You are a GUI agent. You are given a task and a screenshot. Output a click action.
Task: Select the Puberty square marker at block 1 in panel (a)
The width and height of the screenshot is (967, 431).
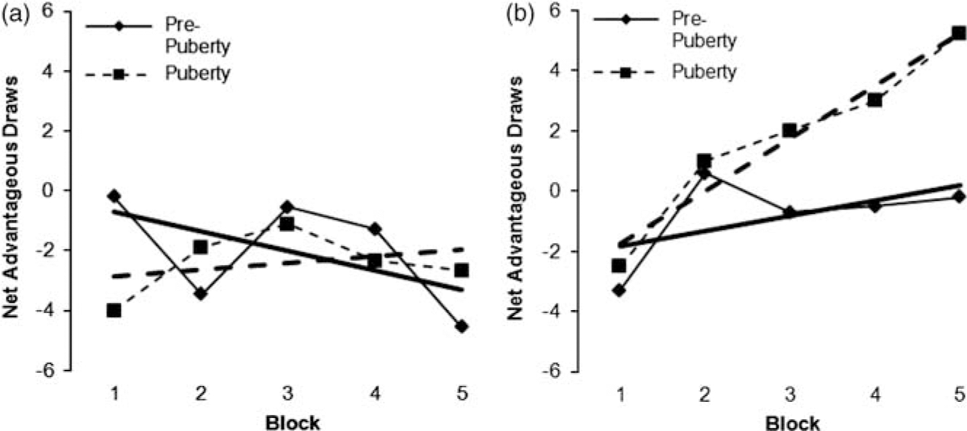[114, 310]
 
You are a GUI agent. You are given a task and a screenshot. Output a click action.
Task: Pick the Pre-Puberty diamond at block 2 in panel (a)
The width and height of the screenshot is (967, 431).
[200, 293]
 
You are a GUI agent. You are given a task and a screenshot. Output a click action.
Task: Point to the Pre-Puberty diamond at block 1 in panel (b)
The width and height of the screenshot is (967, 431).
[618, 290]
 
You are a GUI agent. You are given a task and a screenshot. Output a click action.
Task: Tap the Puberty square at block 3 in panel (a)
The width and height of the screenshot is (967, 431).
[287, 224]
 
